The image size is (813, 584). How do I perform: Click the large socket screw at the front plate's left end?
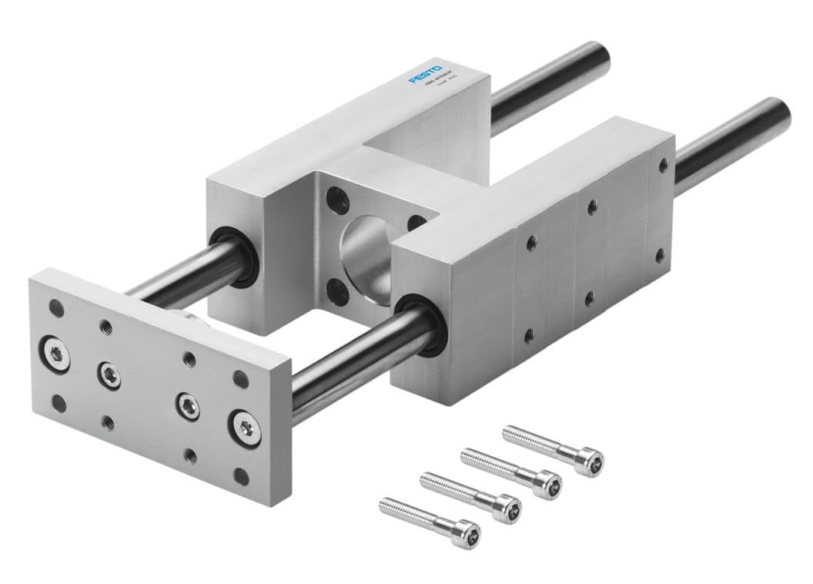[56, 353]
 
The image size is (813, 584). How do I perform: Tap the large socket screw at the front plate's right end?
[245, 426]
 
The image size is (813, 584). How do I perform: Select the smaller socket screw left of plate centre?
[109, 374]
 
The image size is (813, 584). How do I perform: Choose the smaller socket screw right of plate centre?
[186, 404]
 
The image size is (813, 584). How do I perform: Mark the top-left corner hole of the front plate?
[56, 307]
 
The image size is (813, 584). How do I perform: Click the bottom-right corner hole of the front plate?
[241, 476]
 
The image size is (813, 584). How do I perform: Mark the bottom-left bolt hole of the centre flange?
[336, 291]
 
